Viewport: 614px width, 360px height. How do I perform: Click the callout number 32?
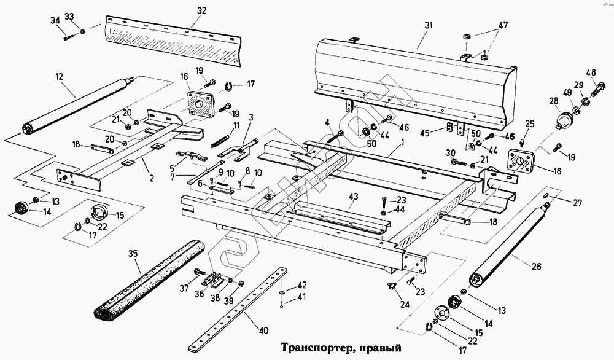click(x=201, y=10)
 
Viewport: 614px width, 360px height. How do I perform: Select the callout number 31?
click(x=429, y=25)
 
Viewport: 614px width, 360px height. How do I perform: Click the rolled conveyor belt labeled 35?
click(x=150, y=279)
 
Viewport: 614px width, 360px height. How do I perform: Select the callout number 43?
click(x=354, y=196)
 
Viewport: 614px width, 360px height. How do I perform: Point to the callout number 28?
click(x=554, y=101)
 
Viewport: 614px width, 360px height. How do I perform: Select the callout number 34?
click(x=55, y=21)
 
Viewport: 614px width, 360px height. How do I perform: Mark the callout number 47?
click(x=503, y=25)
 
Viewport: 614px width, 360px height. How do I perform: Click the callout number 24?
click(x=405, y=304)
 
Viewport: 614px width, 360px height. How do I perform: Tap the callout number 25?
click(x=530, y=124)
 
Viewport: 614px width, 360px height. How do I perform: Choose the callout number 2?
click(x=152, y=178)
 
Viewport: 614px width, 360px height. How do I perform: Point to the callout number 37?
click(x=185, y=289)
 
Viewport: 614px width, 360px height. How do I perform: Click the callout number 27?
click(x=577, y=203)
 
